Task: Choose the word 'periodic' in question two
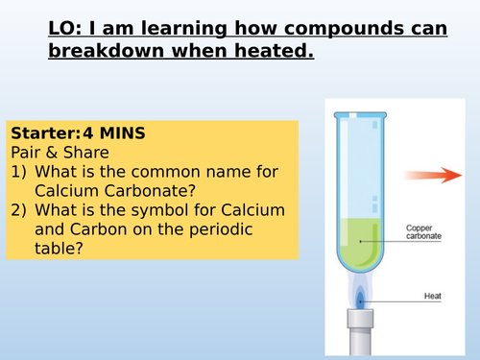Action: [228, 229]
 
